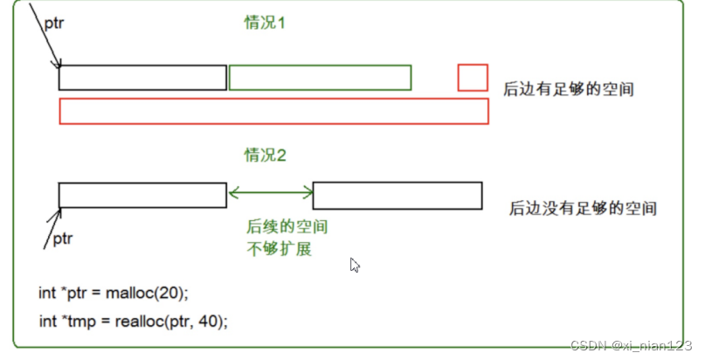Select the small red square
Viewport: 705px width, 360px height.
(473, 77)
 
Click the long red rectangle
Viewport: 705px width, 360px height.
(273, 111)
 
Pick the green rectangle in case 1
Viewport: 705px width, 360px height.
(320, 77)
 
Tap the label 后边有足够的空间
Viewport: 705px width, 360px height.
(568, 89)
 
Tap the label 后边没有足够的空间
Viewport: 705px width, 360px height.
(583, 209)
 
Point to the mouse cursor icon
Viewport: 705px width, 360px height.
(355, 265)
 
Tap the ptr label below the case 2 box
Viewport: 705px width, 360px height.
(64, 238)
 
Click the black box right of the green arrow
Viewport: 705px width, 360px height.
(397, 195)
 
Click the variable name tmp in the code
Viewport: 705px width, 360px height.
(73, 321)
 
